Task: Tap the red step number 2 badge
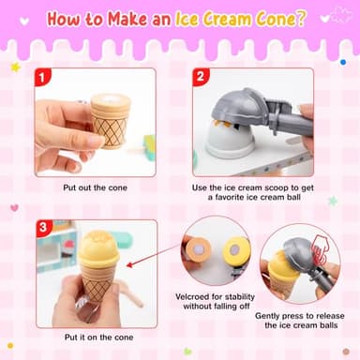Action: pos(200,78)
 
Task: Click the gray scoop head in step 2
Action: pos(240,111)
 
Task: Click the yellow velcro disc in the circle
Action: pos(234,248)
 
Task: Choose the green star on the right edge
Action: pos(333,201)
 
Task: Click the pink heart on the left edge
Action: pos(14,207)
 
